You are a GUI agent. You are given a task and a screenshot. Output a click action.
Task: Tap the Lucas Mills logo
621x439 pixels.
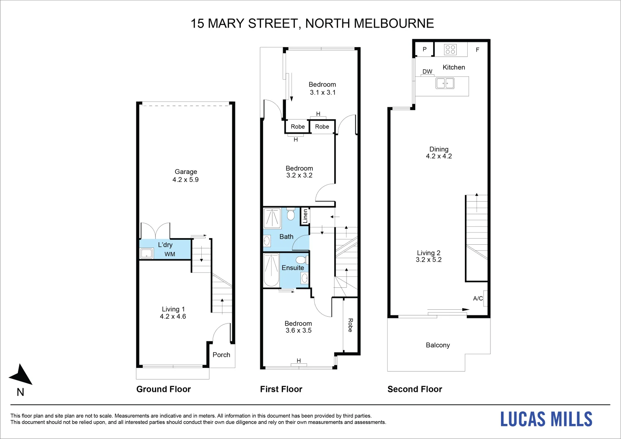click(x=546, y=419)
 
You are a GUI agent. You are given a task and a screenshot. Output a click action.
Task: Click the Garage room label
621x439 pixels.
click(x=186, y=172)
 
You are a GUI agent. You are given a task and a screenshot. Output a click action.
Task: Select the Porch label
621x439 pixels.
click(x=221, y=355)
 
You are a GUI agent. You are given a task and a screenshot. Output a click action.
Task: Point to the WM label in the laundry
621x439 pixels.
click(x=170, y=254)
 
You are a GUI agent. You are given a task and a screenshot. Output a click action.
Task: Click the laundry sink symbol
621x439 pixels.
click(x=146, y=254)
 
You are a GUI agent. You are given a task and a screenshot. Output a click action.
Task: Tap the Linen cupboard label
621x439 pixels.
click(x=305, y=216)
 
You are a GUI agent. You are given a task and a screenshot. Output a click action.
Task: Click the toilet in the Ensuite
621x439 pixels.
click(x=301, y=260)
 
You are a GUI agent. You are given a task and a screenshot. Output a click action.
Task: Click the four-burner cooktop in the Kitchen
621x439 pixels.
click(x=450, y=50)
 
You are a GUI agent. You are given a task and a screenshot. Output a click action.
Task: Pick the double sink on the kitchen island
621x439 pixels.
click(x=445, y=83)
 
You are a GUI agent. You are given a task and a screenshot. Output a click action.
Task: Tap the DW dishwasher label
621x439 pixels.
click(x=427, y=72)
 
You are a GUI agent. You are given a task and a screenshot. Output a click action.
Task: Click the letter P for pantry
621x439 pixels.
click(x=425, y=50)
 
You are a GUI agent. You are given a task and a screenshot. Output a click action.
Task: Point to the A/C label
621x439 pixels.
click(x=478, y=298)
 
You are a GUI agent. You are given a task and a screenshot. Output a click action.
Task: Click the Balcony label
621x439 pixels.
click(x=438, y=345)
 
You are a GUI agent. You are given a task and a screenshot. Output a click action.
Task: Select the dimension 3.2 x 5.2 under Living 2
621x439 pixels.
click(x=429, y=260)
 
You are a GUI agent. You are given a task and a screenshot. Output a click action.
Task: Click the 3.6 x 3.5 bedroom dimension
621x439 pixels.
click(x=299, y=330)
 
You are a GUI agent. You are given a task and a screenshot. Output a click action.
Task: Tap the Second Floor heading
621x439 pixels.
click(x=414, y=389)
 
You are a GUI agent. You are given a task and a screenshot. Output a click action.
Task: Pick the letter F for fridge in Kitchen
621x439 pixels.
click(x=477, y=50)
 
